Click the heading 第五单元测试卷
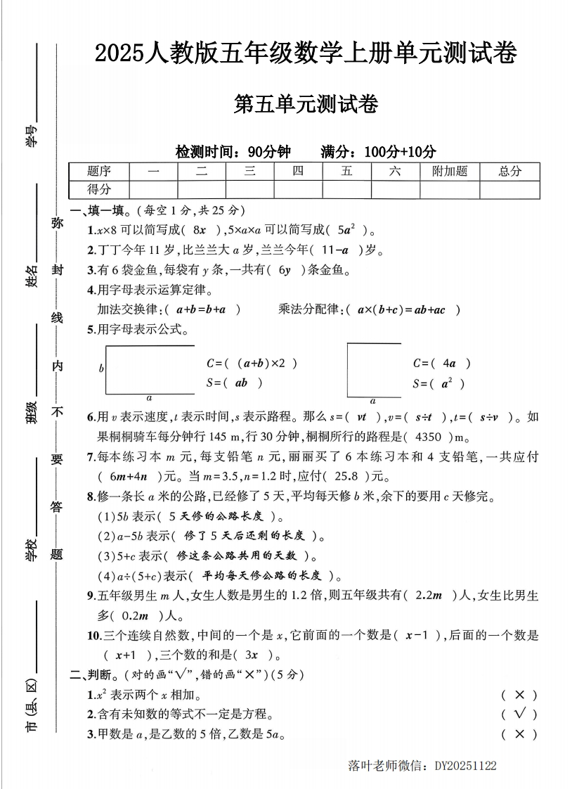click(305, 105)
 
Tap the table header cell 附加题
click(450, 171)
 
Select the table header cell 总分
click(509, 171)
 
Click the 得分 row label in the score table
click(99, 189)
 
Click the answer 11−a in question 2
click(335, 250)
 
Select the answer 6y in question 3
click(285, 270)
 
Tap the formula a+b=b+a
click(200, 309)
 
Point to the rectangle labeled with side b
click(150, 370)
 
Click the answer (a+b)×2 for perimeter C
click(261, 364)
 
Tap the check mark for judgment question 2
click(520, 714)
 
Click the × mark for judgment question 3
click(520, 734)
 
